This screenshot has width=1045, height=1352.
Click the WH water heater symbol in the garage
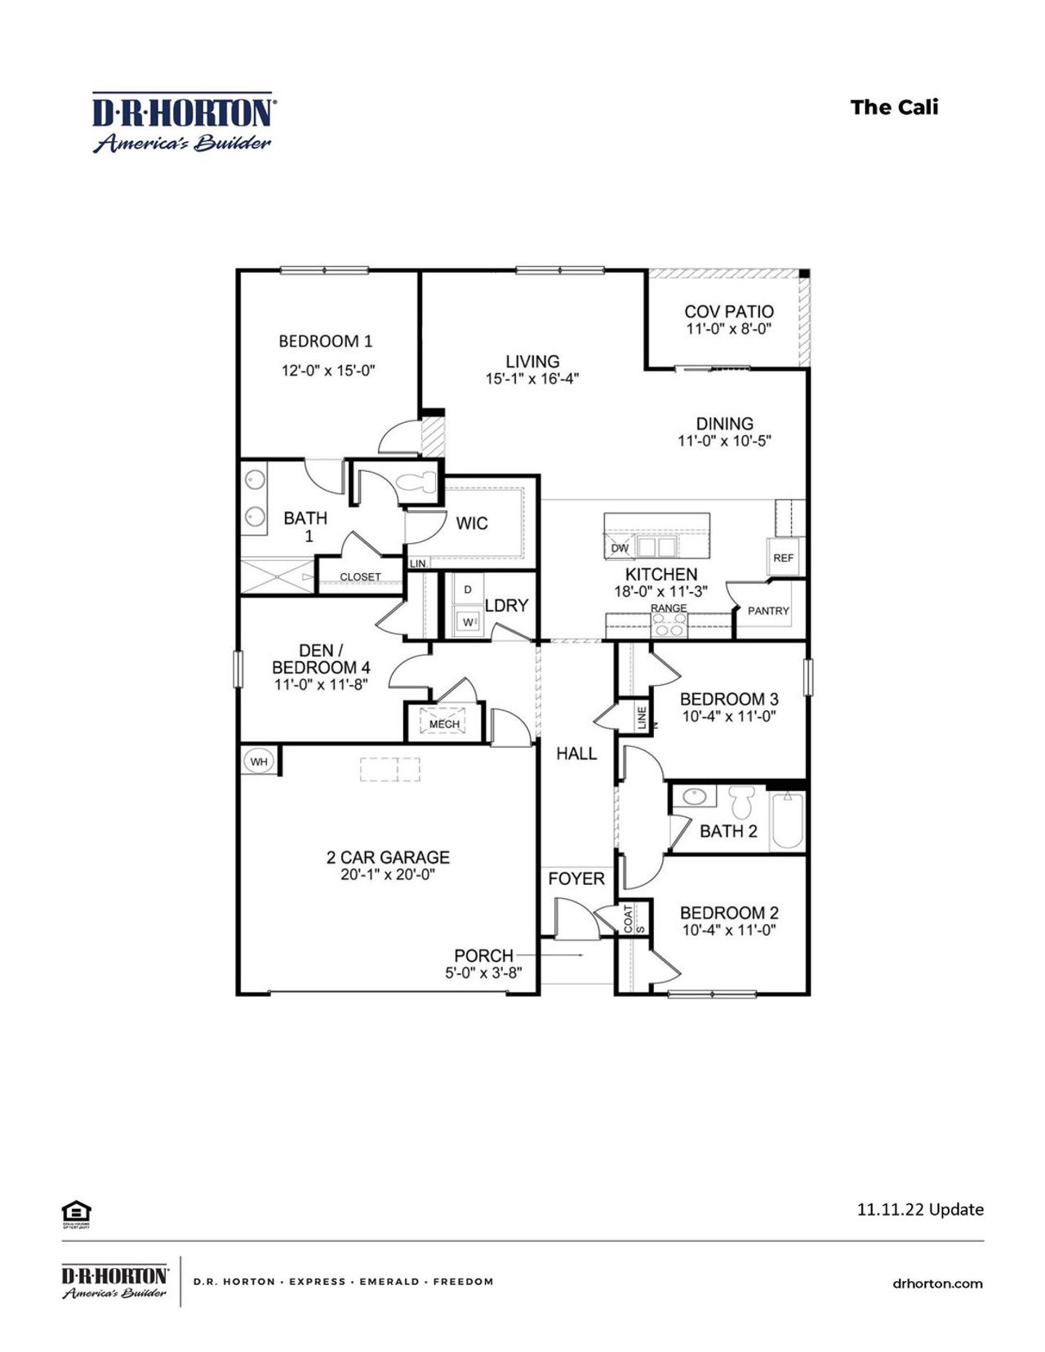click(x=259, y=762)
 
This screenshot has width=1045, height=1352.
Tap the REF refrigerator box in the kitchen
click(x=783, y=558)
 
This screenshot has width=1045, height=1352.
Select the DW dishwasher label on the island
click(x=620, y=548)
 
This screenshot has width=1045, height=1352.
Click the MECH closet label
click(x=444, y=723)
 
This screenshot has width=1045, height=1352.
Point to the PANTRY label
click(x=768, y=610)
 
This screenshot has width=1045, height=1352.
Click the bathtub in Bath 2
click(x=788, y=820)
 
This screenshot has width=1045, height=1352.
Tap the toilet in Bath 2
click(x=741, y=802)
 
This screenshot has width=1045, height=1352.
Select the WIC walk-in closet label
click(x=472, y=523)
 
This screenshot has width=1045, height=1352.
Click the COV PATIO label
click(x=729, y=311)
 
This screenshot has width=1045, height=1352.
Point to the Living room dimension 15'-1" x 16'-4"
click(x=532, y=379)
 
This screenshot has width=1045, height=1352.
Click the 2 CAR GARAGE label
click(x=388, y=857)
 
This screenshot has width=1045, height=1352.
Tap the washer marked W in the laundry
click(x=468, y=622)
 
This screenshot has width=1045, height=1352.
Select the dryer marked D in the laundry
click(x=468, y=589)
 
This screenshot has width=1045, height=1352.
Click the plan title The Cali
click(x=894, y=107)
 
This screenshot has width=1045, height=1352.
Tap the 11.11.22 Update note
click(x=920, y=1209)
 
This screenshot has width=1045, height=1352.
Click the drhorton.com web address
click(x=937, y=1283)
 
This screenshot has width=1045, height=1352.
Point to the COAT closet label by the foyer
click(x=628, y=918)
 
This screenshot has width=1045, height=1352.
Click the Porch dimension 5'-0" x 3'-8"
click(x=483, y=972)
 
